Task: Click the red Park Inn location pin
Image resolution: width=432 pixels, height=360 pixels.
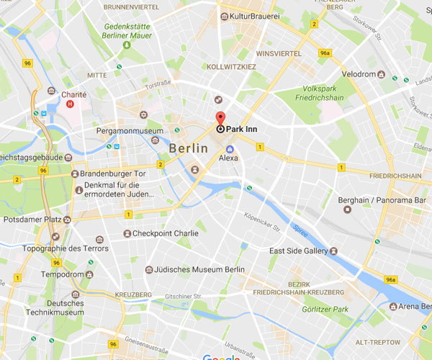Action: [220, 120]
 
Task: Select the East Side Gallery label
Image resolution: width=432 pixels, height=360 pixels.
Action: [298, 251]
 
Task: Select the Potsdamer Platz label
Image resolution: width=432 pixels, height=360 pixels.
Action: [30, 217]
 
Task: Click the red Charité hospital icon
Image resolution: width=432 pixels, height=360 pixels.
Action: [70, 104]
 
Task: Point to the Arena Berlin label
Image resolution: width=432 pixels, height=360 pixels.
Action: [415, 307]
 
